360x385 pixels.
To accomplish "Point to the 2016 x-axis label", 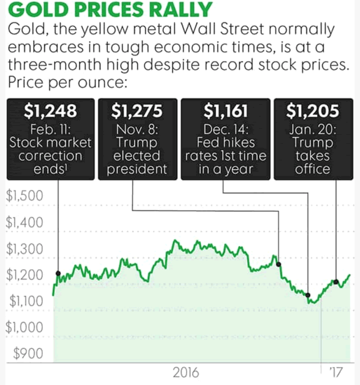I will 185,372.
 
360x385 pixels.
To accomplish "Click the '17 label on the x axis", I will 336,372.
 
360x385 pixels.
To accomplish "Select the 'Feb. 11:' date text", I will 51,130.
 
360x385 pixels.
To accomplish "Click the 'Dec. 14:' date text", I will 225,130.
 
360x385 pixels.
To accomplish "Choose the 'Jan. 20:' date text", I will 313,130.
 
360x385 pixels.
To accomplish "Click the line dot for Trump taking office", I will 336,281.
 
